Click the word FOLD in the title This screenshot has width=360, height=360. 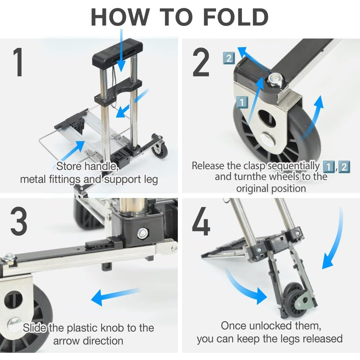[236, 17]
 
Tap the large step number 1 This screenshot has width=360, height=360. [18, 62]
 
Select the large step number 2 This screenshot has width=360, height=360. [201, 62]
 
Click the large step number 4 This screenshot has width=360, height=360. [201, 221]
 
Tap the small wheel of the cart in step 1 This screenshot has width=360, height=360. [160, 150]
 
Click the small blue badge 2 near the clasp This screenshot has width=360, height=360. [229, 58]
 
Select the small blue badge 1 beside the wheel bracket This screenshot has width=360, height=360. [242, 102]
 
